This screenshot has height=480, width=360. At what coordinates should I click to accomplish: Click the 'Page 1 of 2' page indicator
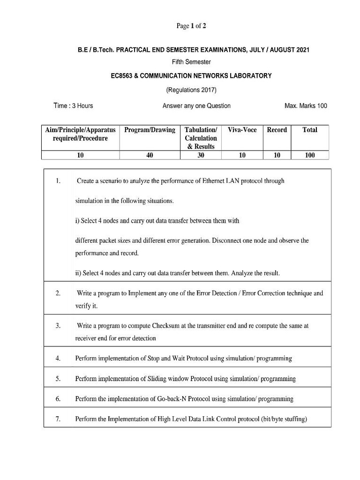click(x=191, y=26)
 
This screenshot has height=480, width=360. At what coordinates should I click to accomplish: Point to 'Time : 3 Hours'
click(x=74, y=105)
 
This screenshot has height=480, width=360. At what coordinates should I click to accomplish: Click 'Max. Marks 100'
click(x=306, y=105)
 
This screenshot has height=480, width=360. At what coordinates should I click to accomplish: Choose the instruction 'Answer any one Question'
click(x=196, y=105)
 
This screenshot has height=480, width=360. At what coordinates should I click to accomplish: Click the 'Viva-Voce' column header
click(x=242, y=130)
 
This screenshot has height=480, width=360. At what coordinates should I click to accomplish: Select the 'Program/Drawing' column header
click(x=150, y=130)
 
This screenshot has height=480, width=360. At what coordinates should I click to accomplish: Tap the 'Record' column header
click(x=277, y=130)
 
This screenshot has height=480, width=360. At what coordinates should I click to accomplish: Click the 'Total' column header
click(x=310, y=130)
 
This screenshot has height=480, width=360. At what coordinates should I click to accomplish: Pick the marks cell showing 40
click(x=150, y=156)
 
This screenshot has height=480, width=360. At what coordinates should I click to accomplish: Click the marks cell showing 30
click(x=201, y=156)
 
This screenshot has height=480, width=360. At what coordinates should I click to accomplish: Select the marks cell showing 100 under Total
click(x=310, y=156)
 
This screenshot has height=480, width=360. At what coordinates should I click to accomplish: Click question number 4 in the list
click(x=58, y=359)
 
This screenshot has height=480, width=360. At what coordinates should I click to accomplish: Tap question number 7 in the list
click(x=58, y=420)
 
